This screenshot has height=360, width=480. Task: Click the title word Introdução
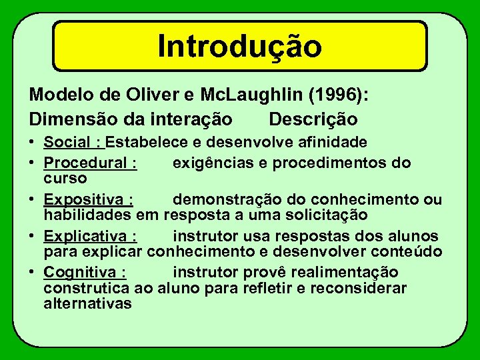239,45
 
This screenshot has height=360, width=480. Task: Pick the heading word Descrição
313,119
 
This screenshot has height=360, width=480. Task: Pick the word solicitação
331,215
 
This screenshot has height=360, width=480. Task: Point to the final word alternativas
87,304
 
